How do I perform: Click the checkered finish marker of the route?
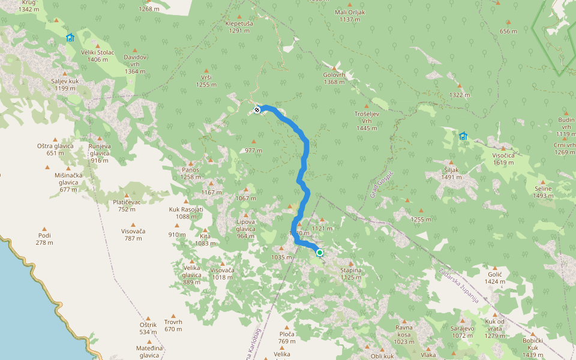257,109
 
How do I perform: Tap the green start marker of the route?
320,253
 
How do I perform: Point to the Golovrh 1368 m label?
334,79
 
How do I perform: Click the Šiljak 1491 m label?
451,173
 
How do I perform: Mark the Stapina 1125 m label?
351,274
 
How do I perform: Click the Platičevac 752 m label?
126,205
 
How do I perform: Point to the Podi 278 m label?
44,239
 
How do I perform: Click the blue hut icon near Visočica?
463,136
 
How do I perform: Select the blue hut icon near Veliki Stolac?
70,38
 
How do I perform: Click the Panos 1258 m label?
191,173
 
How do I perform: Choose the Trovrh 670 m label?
173,325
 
